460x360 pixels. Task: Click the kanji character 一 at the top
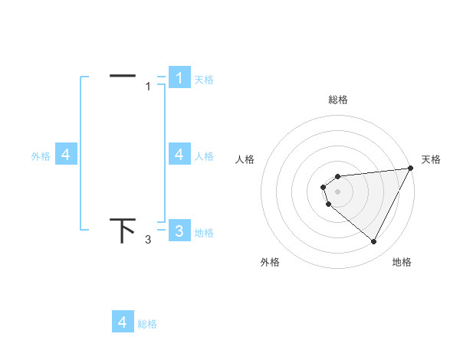(123, 75)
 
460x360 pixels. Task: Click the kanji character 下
(123, 230)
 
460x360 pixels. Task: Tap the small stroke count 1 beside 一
(148, 87)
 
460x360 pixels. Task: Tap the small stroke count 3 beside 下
(148, 241)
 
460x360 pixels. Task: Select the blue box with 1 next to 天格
(179, 77)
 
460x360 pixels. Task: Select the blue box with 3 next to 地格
(179, 231)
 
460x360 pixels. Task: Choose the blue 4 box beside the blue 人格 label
(179, 155)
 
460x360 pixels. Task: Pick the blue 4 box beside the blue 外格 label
(66, 155)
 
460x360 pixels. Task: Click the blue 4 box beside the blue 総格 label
(123, 322)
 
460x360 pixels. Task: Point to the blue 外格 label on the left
(41, 156)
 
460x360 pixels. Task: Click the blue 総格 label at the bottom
(147, 324)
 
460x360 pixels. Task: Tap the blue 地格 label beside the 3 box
(204, 233)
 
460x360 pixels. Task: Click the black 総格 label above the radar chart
(338, 100)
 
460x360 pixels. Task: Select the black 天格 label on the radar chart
(431, 159)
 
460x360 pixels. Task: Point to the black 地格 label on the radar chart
(402, 262)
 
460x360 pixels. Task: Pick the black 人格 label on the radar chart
(245, 159)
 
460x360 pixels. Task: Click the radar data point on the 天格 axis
(410, 168)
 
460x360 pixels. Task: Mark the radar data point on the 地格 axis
(374, 242)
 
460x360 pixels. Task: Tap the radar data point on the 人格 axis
(324, 187)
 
